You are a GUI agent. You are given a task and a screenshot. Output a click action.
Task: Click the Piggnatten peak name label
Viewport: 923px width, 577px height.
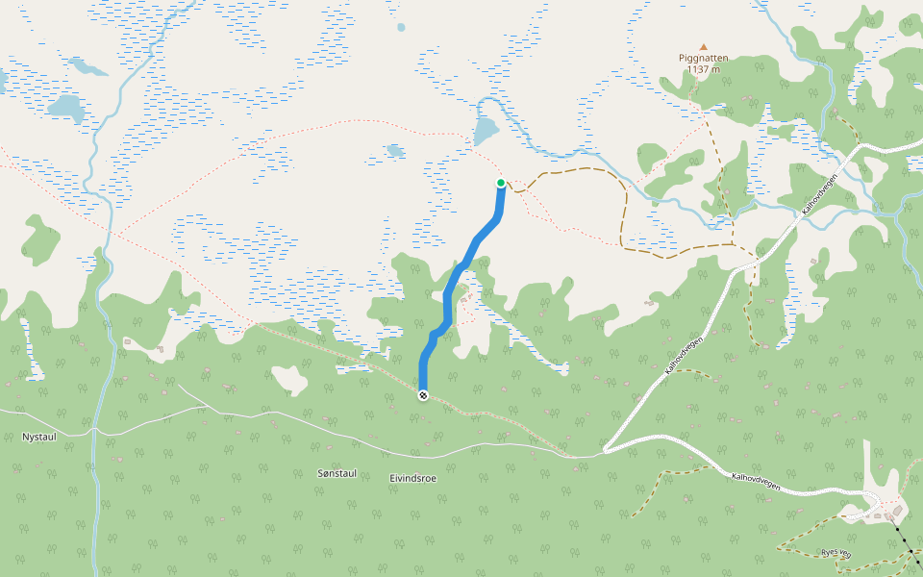pyautogui.click(x=703, y=58)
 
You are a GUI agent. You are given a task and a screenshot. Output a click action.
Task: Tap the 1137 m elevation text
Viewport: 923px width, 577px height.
pyautogui.click(x=703, y=69)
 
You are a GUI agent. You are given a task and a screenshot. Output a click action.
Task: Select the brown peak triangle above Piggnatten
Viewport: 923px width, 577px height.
pyautogui.click(x=703, y=46)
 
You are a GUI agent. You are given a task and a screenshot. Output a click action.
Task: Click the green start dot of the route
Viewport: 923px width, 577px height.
pyautogui.click(x=501, y=183)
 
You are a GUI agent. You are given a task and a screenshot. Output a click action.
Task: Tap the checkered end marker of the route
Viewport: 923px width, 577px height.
pyautogui.click(x=423, y=395)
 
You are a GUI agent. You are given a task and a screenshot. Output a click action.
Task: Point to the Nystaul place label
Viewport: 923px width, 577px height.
pyautogui.click(x=40, y=437)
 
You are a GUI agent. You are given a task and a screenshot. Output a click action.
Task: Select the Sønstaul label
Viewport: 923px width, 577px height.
pyautogui.click(x=337, y=473)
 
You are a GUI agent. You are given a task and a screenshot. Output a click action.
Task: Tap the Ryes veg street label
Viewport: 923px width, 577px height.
pyautogui.click(x=834, y=552)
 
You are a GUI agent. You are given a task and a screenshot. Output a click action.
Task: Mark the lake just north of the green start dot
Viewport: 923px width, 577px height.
pyautogui.click(x=486, y=130)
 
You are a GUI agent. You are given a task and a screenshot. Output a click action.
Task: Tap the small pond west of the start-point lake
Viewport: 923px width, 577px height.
pyautogui.click(x=394, y=150)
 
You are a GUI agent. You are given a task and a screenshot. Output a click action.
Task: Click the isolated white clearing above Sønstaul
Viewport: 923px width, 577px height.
pyautogui.click(x=289, y=379)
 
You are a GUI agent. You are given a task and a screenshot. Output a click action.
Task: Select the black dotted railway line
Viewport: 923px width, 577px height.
pyautogui.click(x=905, y=539)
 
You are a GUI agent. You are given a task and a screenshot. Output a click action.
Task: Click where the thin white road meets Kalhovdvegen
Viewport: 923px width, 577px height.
pyautogui.click(x=605, y=450)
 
